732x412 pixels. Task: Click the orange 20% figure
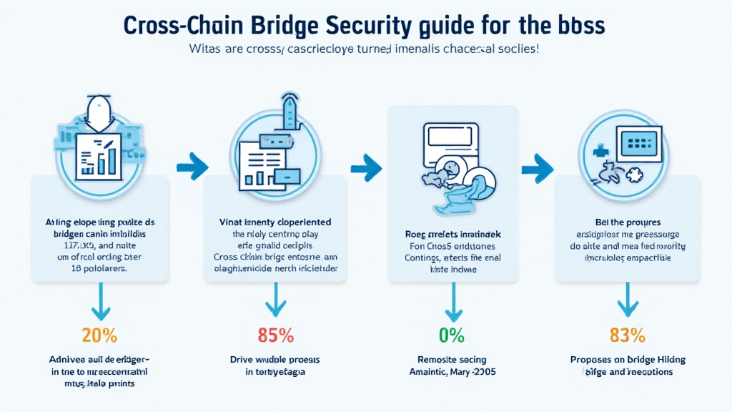pos(100,334)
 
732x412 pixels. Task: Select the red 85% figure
pos(276,334)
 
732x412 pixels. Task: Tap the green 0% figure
pos(452,334)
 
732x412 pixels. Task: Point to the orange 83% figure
pos(628,334)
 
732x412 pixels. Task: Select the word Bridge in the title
pos(282,25)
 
